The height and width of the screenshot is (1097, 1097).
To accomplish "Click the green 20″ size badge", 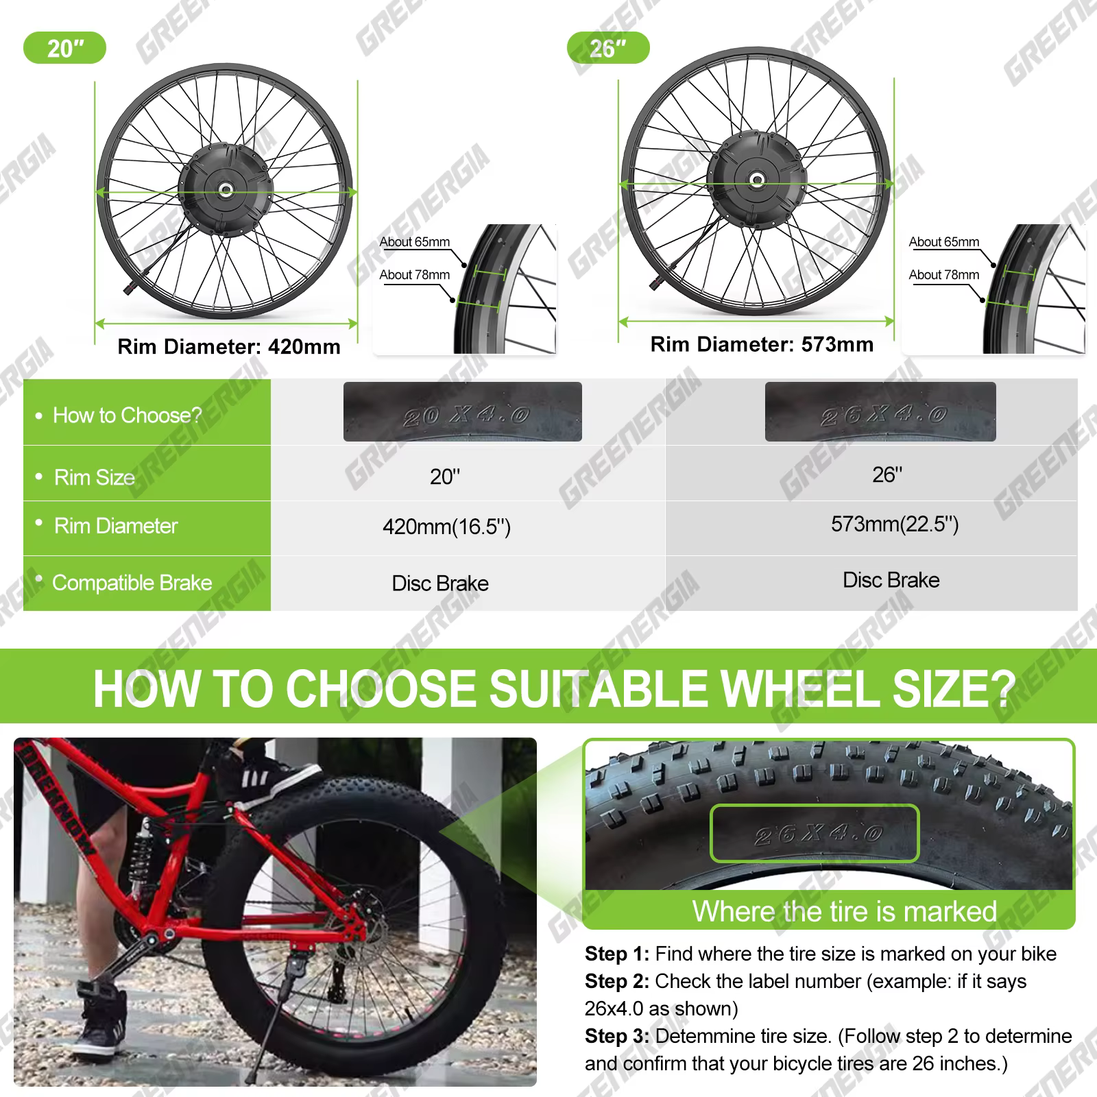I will click(x=64, y=49).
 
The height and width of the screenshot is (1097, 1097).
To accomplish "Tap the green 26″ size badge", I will click(x=608, y=49).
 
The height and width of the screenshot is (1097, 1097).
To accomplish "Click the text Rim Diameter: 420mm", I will click(x=229, y=346).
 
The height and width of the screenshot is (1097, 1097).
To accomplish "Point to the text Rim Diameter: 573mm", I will click(x=762, y=344).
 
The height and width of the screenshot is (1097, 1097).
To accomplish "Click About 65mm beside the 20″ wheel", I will click(x=415, y=242).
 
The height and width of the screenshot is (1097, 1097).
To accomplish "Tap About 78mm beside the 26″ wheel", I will click(x=944, y=275).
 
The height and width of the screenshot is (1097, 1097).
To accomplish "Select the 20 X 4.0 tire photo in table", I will click(x=463, y=412).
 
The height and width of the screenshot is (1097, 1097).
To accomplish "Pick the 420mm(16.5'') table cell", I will click(x=446, y=527).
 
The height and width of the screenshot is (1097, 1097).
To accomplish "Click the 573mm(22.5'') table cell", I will click(x=894, y=525).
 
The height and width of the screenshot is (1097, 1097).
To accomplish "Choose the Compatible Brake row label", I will click(x=132, y=583).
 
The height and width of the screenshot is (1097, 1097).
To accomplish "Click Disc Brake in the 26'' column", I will click(x=891, y=580).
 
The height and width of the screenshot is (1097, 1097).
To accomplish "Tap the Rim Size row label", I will click(x=95, y=477).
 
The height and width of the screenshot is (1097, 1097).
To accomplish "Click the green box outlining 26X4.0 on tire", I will click(x=814, y=833).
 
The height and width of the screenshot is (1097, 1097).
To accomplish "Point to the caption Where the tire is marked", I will click(x=844, y=911).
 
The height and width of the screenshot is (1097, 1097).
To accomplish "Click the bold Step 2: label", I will click(x=616, y=981).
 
